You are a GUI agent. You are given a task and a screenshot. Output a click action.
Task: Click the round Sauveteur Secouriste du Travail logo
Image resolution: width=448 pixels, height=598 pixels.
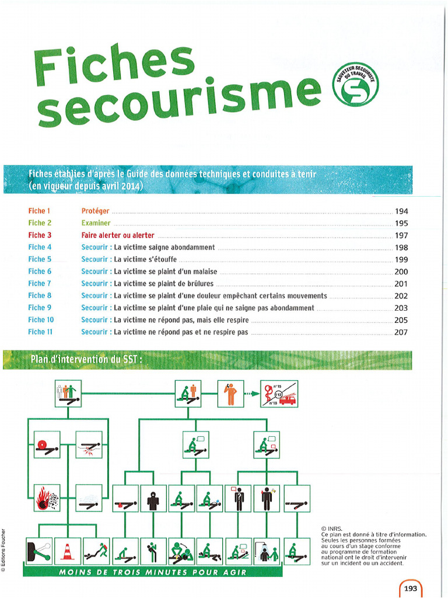pyautogui.click(x=355, y=85)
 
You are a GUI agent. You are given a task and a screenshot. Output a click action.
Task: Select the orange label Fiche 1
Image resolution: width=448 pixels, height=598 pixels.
pyautogui.click(x=40, y=211)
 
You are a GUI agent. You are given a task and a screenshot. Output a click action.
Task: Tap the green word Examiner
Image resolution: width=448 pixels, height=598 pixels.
pyautogui.click(x=96, y=223)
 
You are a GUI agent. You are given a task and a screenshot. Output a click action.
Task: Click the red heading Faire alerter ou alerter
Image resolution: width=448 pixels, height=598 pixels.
pyautogui.click(x=118, y=235)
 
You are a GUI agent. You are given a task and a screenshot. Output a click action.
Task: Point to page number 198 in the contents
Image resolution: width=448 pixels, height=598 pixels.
pyautogui.click(x=401, y=248)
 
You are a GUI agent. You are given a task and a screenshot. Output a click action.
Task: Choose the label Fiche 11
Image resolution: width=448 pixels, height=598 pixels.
pyautogui.click(x=41, y=332)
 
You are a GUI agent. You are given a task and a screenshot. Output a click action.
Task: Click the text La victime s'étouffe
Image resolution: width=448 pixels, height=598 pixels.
pyautogui.click(x=145, y=259)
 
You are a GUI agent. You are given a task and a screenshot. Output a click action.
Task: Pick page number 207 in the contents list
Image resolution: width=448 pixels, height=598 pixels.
pyautogui.click(x=401, y=332)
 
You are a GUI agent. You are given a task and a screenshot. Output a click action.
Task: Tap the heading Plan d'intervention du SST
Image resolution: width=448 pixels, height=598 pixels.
pyautogui.click(x=85, y=360)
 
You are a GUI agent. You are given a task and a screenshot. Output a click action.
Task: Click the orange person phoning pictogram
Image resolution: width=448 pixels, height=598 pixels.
pyautogui.click(x=230, y=394)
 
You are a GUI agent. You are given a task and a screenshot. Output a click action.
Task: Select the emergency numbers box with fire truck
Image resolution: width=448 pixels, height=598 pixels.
pyautogui.click(x=279, y=394)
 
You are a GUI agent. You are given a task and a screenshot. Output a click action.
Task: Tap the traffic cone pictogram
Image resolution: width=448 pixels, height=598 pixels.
pyautogui.click(x=68, y=551)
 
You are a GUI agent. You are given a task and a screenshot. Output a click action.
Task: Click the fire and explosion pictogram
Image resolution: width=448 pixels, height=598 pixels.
pyautogui.click(x=47, y=498)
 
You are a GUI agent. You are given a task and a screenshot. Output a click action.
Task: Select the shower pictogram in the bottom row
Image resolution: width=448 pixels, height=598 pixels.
pyautogui.click(x=266, y=551)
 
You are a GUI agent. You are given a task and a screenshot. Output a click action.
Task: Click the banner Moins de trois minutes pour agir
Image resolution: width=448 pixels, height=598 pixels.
pyautogui.click(x=152, y=572)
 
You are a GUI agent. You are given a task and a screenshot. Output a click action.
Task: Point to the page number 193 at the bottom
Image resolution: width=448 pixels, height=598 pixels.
pyautogui.click(x=411, y=588)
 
